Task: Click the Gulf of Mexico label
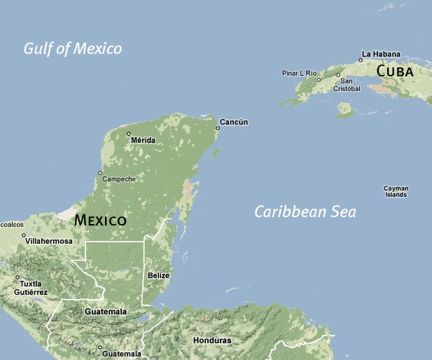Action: pyautogui.click(x=73, y=48)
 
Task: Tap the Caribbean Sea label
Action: pyautogui.click(x=305, y=212)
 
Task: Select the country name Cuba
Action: pyautogui.click(x=394, y=71)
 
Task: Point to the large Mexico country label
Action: pyautogui.click(x=100, y=220)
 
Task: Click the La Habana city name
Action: pyautogui.click(x=382, y=53)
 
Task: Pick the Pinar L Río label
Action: pyautogui.click(x=299, y=73)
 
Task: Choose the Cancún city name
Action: pyautogui.click(x=234, y=123)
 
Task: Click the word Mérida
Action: pyautogui.click(x=143, y=140)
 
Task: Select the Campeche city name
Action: pyautogui.click(x=119, y=179)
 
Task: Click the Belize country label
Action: pyautogui.click(x=159, y=275)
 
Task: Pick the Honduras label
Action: pyautogui.click(x=211, y=340)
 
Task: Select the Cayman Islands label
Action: pyautogui.click(x=396, y=191)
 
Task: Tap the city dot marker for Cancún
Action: pyautogui.click(x=217, y=128)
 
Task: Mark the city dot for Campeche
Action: pyautogui.click(x=100, y=173)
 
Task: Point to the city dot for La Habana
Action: pyautogui.click(x=361, y=60)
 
